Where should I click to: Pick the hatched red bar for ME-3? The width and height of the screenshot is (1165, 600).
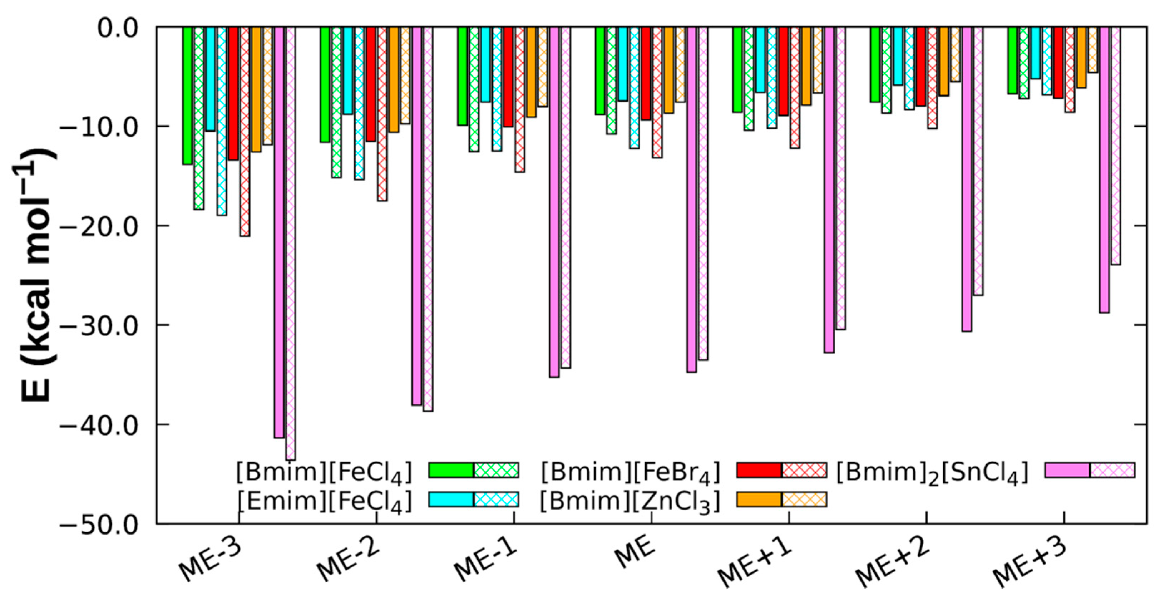coord(245,131)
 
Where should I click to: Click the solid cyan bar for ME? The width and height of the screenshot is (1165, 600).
coord(623,64)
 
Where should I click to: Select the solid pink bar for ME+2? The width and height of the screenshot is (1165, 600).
coord(967,179)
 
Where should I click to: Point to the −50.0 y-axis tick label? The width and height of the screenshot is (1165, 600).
coord(98,525)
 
